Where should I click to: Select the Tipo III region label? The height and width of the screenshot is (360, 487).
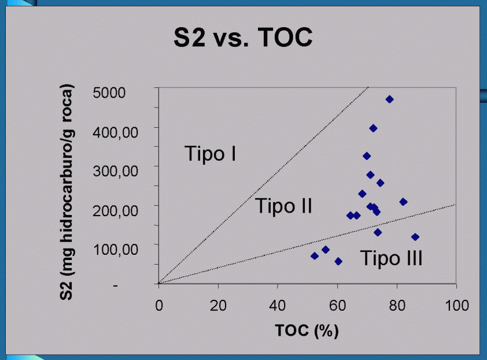[392, 258]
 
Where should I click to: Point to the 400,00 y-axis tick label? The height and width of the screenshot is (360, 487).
[116, 131]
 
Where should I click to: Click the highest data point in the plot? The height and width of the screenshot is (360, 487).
[390, 99]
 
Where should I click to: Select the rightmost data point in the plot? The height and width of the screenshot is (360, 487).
[415, 237]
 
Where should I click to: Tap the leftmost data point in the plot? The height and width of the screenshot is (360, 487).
[315, 255]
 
